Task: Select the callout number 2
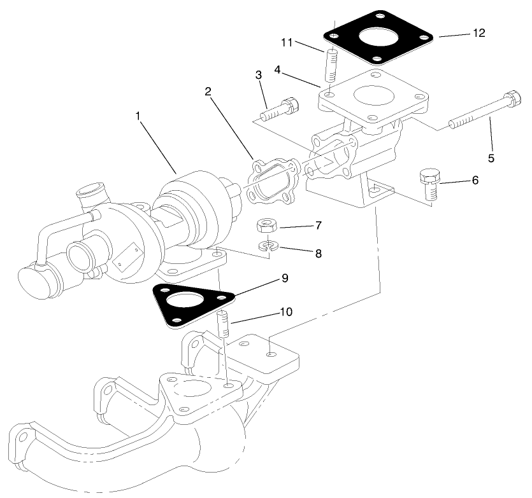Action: (x=208, y=92)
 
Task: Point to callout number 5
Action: (x=491, y=156)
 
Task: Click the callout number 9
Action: (x=284, y=278)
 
